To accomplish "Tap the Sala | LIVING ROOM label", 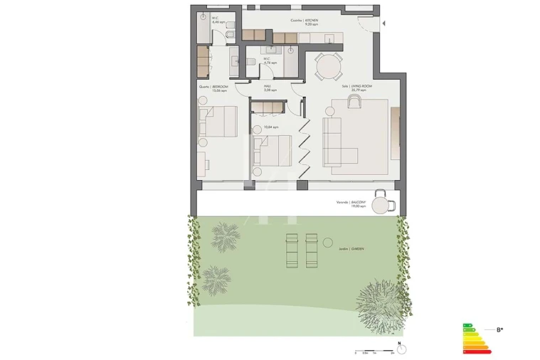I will tap(354, 86).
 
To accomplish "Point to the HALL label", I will tap(269, 86).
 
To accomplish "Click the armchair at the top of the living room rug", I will tap(354, 102).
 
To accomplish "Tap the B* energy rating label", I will tap(500, 329).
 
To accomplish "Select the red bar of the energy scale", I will tap(477, 351).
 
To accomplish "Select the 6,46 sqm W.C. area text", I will tap(216, 21).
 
